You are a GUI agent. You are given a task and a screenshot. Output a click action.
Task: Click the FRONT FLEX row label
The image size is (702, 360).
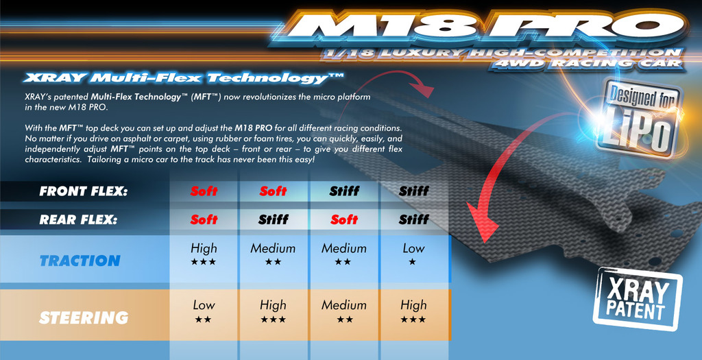tap(83, 191)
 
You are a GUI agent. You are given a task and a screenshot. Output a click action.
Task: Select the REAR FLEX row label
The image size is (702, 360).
tap(78, 220)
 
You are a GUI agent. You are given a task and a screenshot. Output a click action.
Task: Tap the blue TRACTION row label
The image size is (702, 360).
tap(80, 261)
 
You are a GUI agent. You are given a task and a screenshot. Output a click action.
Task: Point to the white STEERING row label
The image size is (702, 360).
tap(84, 317)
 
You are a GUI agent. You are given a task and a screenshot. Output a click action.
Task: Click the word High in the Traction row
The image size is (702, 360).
tap(204, 248)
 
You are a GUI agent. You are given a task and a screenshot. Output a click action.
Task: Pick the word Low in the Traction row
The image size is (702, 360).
tap(413, 248)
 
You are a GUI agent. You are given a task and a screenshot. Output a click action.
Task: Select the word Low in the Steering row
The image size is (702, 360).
tap(204, 305)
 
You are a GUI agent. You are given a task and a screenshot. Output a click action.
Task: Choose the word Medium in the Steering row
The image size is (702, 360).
tap(344, 305)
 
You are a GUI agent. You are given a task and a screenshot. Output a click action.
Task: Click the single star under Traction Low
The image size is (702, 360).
tap(412, 262)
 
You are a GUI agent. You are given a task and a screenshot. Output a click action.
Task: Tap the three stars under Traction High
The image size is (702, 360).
tap(203, 262)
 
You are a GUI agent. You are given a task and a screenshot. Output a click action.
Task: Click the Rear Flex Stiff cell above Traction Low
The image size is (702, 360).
tap(413, 219)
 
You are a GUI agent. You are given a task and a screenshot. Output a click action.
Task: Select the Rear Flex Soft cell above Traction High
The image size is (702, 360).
tap(204, 219)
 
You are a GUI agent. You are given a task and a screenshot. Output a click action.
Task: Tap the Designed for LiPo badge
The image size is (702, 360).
tap(639, 118)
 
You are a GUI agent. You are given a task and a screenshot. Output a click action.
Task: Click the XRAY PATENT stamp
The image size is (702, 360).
tap(638, 298)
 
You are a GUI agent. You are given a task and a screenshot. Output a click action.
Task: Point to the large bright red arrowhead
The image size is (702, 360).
tap(483, 221)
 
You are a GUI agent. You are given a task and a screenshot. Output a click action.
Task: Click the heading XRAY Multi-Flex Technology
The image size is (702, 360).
tap(182, 78)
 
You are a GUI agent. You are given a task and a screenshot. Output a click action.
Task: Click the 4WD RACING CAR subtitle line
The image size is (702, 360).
tap(588, 63)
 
